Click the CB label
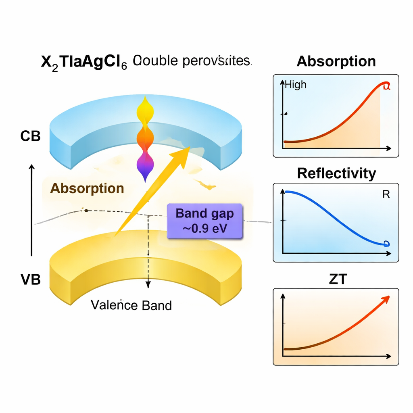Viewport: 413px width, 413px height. [30, 136]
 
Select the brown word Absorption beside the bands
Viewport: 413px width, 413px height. [87, 188]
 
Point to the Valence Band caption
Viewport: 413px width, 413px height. [131, 305]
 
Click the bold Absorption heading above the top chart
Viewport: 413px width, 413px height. [336, 61]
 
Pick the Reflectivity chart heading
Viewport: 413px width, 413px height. [336, 173]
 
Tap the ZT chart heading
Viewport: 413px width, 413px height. [337, 279]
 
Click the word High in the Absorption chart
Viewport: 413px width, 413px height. [296, 85]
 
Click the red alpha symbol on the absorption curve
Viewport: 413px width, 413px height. [386, 86]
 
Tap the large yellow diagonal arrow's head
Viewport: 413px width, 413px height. [184, 154]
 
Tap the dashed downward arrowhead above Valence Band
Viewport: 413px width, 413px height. [148, 284]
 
